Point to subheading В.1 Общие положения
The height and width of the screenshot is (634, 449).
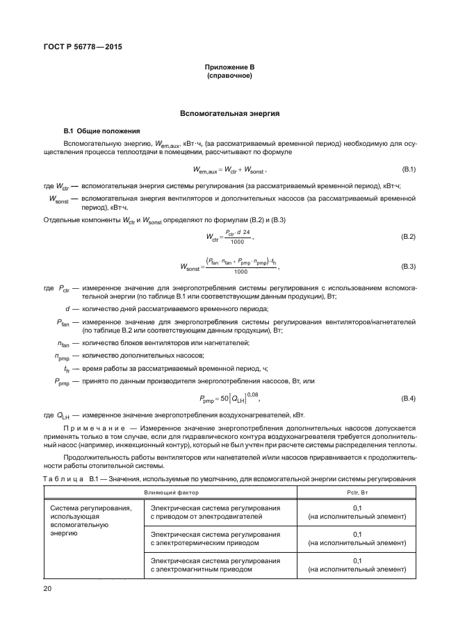point(102,131)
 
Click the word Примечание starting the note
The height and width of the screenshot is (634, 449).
point(95,428)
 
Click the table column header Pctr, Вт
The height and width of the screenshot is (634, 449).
point(357,492)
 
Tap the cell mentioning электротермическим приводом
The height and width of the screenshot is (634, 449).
point(215,539)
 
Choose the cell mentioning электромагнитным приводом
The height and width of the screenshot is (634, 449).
point(215,565)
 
